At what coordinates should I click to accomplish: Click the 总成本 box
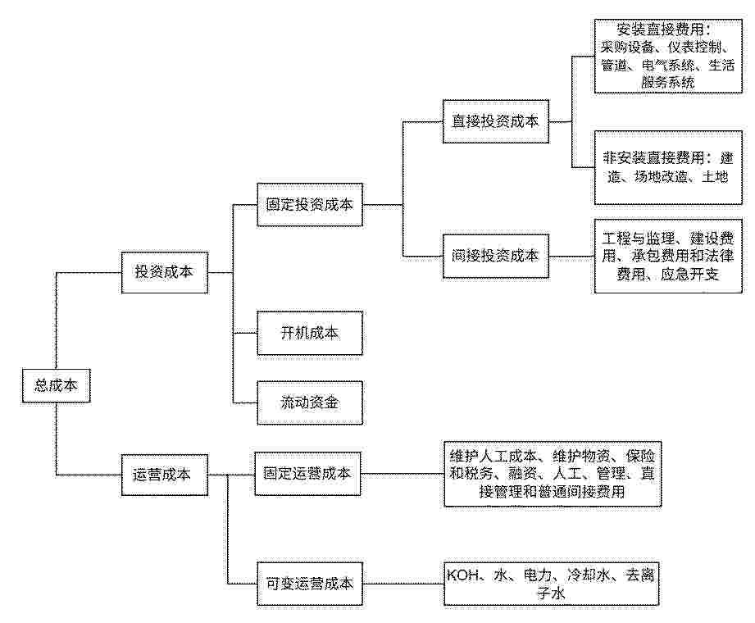(x=56, y=385)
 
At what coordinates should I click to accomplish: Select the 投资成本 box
(x=164, y=272)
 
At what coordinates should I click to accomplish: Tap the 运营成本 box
(x=164, y=475)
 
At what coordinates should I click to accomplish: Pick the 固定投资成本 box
(x=310, y=205)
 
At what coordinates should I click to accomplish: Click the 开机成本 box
(x=310, y=333)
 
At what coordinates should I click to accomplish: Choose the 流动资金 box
(x=310, y=402)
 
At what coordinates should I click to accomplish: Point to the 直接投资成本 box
(x=495, y=121)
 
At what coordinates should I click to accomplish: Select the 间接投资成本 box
(x=495, y=256)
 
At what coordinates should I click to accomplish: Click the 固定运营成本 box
(x=307, y=474)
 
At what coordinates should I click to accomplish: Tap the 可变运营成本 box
(x=310, y=584)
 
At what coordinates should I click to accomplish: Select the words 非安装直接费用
(x=653, y=158)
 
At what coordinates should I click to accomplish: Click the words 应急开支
(x=689, y=275)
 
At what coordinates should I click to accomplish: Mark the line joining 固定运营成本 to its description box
(x=402, y=474)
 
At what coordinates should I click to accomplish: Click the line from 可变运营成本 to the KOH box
(x=403, y=584)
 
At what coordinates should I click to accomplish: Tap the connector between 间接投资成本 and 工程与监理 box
(x=571, y=256)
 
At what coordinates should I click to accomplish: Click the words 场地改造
(x=661, y=177)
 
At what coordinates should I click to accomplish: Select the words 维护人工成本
(x=493, y=456)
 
